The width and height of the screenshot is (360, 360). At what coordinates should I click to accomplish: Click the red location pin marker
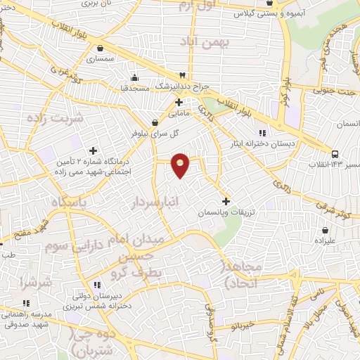(181, 165)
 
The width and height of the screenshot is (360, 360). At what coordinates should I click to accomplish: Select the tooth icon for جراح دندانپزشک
(182, 74)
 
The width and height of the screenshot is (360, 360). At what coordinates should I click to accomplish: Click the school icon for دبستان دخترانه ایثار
(262, 133)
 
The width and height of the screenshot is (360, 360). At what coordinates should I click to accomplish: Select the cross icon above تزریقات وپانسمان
(225, 201)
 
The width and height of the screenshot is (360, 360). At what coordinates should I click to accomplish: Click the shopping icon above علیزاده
(325, 229)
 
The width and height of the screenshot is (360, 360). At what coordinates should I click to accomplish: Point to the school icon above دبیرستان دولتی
(97, 285)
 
